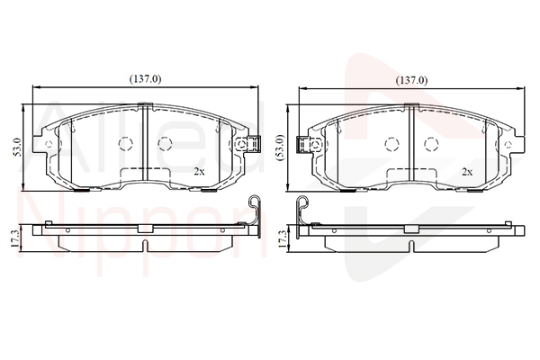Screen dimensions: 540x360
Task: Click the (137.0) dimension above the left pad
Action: click(145, 79)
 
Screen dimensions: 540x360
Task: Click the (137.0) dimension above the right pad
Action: click(411, 81)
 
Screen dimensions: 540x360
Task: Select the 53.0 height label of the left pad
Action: click(17, 147)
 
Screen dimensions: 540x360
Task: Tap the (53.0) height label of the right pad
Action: click(281, 147)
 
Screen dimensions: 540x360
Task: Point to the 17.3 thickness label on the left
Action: click(14, 238)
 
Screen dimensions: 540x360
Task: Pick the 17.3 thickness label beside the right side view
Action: click(282, 238)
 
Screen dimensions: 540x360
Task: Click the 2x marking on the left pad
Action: click(199, 172)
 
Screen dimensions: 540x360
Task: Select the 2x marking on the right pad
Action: click(467, 172)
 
